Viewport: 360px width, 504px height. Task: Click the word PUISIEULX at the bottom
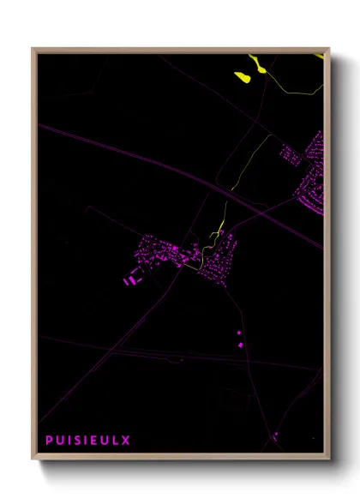(88, 441)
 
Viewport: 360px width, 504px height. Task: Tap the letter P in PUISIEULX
(49, 441)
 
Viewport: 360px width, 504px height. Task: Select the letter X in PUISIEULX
(127, 441)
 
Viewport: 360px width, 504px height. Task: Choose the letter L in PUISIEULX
(117, 441)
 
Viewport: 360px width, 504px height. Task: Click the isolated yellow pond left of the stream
(242, 77)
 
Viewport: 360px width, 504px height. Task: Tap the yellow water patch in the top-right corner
(320, 55)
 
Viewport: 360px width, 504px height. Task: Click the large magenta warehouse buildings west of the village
(130, 279)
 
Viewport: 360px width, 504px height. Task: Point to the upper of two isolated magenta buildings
(239, 333)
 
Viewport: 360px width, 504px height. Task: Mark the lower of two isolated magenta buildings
(241, 345)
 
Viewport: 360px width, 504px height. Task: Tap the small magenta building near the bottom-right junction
(275, 435)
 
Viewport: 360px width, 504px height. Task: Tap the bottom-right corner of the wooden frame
(328, 458)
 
